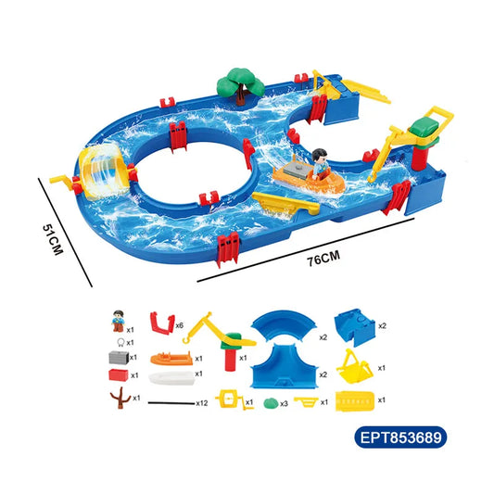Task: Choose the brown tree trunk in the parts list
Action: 118,399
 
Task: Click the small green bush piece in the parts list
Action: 271,403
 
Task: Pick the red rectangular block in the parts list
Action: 116,375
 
